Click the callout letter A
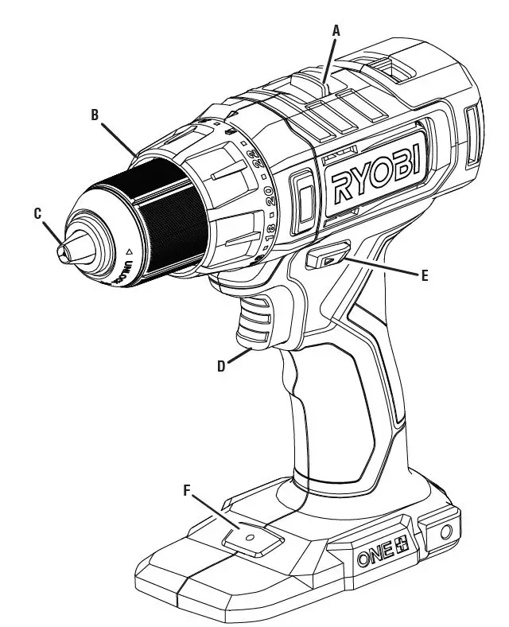(336, 30)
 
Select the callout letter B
(95, 115)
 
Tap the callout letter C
(37, 212)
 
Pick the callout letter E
(424, 275)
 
